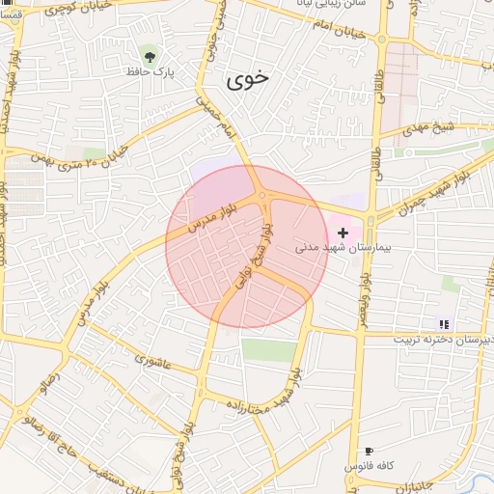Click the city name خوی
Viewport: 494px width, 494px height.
pos(248,81)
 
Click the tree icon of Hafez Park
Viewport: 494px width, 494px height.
pos(148,53)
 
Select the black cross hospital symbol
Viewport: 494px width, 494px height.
pos(343,233)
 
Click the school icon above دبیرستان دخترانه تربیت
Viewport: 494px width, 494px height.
pos(444,324)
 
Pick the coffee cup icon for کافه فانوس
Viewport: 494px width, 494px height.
pos(369,451)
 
